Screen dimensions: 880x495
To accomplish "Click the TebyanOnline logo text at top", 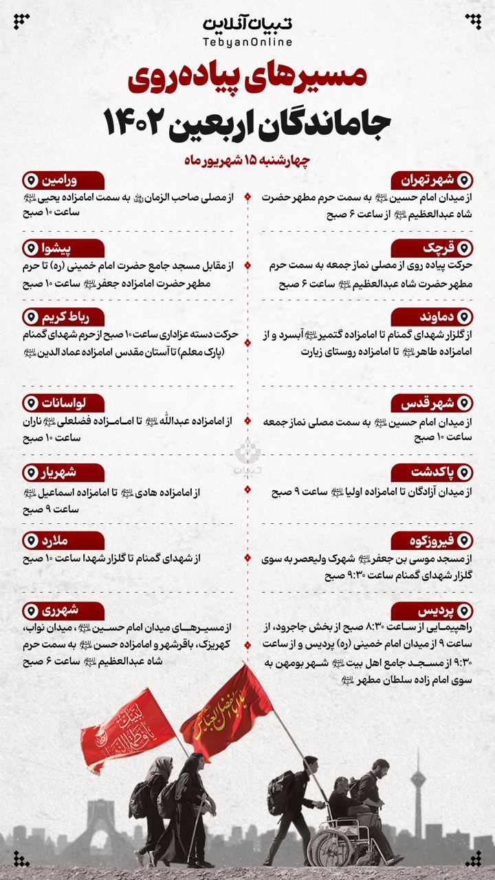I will click(247, 31).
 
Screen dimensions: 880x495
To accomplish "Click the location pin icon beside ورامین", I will click(30, 181).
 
